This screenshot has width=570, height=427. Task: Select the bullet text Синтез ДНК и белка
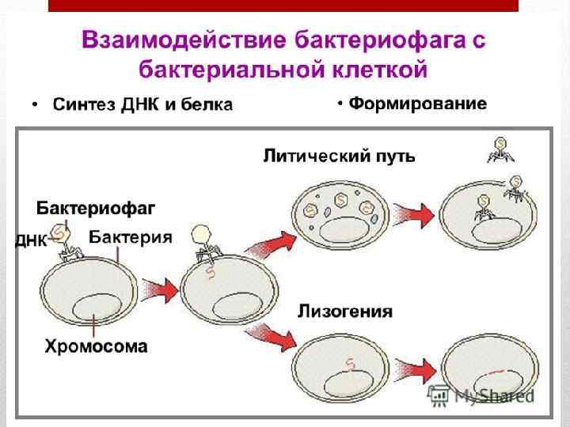142,105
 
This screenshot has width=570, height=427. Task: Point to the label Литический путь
339,156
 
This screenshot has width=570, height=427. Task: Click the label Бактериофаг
95,209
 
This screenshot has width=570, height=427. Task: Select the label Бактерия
130,236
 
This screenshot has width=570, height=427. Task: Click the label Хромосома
96,346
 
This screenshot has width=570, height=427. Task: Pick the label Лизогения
344,311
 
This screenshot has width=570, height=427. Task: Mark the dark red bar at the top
283,5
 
